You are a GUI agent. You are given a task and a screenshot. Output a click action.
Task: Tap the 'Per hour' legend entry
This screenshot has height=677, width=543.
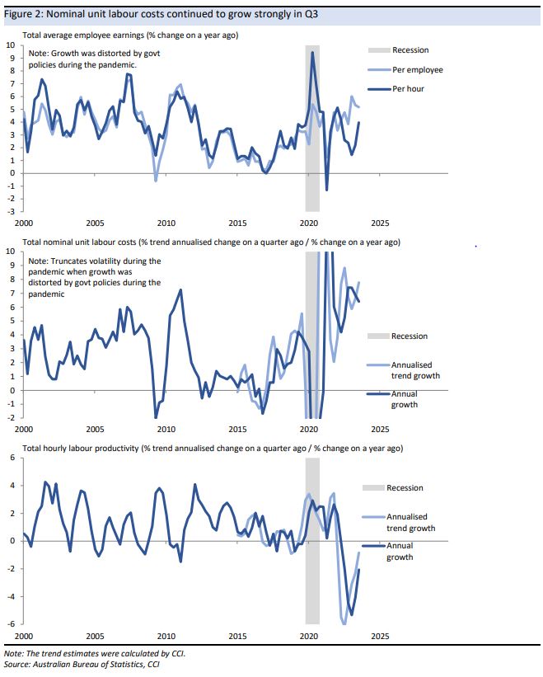coord(408,88)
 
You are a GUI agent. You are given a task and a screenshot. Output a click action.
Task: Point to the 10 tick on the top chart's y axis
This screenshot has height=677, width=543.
coord(10,45)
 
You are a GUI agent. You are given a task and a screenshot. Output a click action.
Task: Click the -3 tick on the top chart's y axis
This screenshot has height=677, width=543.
coord(10,212)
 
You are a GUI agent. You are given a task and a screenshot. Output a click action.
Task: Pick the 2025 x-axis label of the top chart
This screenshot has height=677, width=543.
coord(380,223)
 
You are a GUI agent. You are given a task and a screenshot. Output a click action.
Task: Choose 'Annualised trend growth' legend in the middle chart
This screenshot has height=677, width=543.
coord(413,369)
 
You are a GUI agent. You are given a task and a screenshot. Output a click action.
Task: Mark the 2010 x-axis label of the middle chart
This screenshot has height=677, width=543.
coord(166,430)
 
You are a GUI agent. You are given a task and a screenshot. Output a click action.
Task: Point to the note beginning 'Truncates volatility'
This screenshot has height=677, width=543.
coord(93,276)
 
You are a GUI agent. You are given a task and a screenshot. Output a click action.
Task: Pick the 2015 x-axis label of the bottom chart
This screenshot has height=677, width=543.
coord(237,636)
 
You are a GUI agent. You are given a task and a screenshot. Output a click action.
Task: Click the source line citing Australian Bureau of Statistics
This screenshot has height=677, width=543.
coord(82,664)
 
